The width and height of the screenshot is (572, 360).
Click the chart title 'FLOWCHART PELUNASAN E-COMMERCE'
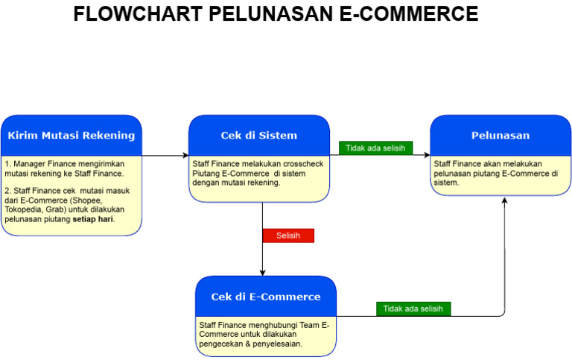276,14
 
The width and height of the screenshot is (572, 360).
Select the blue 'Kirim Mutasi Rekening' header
71,136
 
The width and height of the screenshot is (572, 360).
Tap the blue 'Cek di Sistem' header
259,136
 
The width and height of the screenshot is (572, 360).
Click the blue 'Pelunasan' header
500,136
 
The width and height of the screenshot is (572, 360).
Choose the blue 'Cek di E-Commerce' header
266,297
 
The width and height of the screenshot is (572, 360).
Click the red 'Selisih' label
288,236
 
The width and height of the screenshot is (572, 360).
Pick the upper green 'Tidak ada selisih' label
375,148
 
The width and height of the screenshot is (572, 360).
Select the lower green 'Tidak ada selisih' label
413,309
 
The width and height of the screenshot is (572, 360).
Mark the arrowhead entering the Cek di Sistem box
185,156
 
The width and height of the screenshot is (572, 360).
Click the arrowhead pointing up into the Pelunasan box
504,200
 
